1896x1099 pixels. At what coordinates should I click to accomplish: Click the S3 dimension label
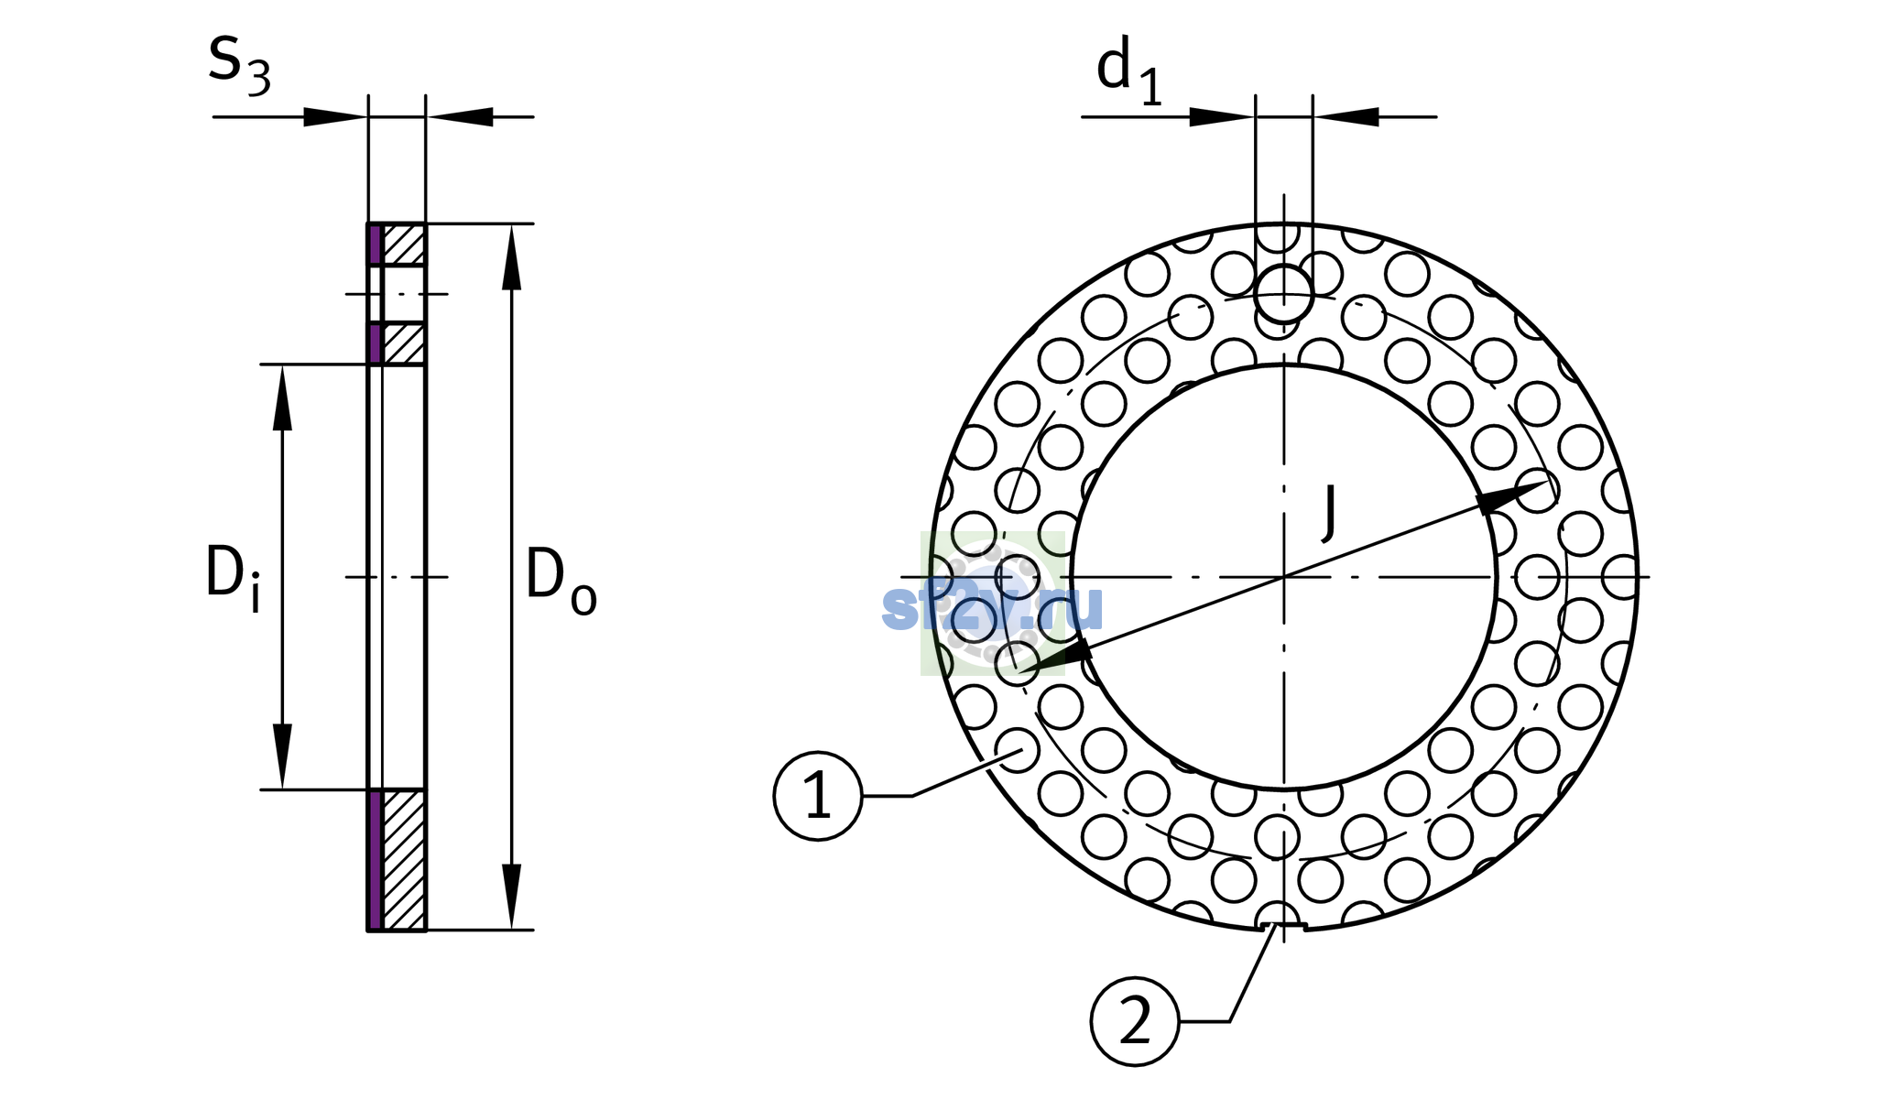click(x=239, y=65)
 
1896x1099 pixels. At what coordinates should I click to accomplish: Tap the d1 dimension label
click(x=1129, y=72)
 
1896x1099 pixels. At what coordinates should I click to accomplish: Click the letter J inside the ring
click(x=1329, y=512)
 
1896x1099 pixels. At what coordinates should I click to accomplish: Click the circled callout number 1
click(x=818, y=796)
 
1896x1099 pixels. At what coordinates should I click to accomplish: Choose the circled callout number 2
click(x=1135, y=1021)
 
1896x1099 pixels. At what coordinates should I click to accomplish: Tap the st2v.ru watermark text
click(x=992, y=605)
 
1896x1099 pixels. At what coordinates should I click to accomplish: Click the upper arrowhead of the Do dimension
click(x=512, y=257)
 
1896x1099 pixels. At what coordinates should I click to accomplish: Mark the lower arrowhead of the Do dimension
click(x=512, y=897)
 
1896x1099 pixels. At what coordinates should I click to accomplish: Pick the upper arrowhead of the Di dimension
click(x=282, y=397)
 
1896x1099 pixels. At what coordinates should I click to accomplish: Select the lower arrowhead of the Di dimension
click(x=282, y=756)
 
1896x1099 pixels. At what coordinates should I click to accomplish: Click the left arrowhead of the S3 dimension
click(x=335, y=117)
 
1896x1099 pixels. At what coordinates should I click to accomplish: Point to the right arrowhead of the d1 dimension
click(x=1346, y=117)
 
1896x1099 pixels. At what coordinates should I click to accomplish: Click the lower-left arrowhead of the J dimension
click(x=1054, y=658)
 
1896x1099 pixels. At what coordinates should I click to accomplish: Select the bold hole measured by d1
click(x=1284, y=294)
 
